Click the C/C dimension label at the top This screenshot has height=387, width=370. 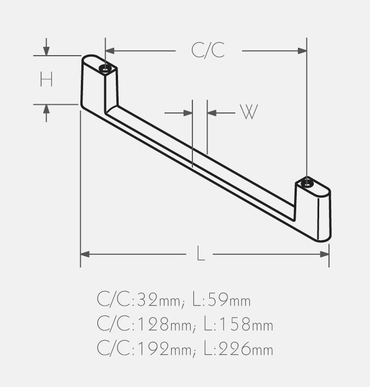(x=208, y=50)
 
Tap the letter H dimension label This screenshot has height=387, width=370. (x=46, y=80)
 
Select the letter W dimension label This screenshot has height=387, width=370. (x=249, y=112)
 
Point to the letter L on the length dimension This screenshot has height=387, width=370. (x=201, y=254)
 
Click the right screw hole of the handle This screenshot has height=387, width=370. (x=307, y=182)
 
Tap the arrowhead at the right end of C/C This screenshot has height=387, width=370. (x=302, y=51)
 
